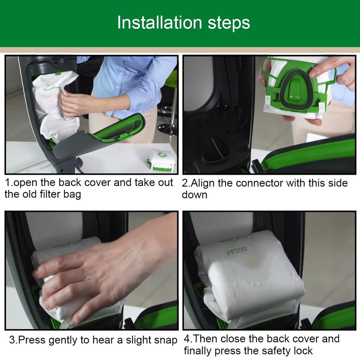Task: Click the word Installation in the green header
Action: coord(159,23)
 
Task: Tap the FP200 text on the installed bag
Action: coord(237,251)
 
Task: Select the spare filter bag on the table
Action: coord(162,160)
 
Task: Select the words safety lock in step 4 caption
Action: coord(285,351)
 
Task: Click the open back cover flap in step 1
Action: coord(102,135)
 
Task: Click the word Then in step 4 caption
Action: coord(207,339)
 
